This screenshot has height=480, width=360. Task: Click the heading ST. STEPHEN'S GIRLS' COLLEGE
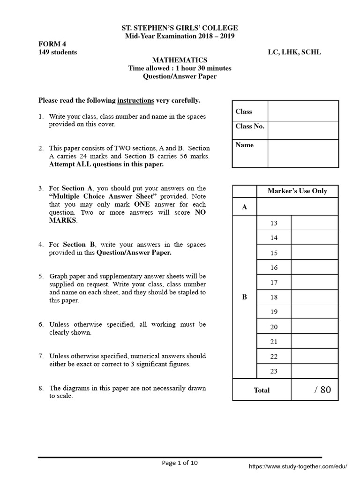click(180, 28)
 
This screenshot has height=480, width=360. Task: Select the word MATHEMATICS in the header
click(180, 60)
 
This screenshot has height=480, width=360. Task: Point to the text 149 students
click(58, 52)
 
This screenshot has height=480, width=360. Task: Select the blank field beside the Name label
click(303, 153)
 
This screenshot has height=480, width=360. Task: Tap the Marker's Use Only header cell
click(297, 191)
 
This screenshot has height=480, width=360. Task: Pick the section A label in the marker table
click(244, 207)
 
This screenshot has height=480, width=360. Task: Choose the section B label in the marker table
click(244, 297)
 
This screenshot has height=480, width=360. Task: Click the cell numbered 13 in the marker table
click(274, 223)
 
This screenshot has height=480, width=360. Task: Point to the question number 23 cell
click(274, 371)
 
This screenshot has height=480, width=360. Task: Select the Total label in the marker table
click(262, 390)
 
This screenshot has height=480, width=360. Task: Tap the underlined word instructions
click(135, 100)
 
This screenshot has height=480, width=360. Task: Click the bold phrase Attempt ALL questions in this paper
click(106, 165)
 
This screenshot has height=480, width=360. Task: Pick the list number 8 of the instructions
click(41, 388)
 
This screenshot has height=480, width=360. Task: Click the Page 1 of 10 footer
click(180, 463)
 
